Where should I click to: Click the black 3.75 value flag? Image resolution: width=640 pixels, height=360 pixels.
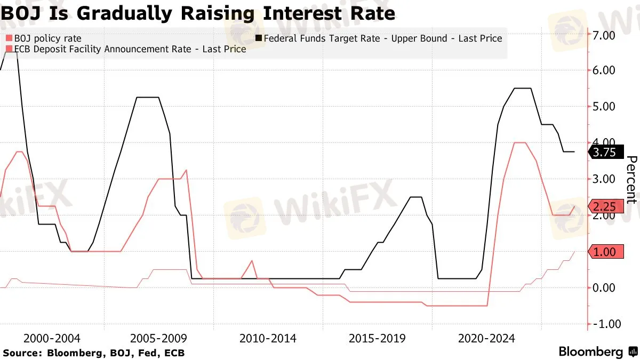coord(606,152)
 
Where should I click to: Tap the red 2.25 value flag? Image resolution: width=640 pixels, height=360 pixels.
coord(606,206)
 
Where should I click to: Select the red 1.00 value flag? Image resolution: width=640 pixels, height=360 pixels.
coord(606,252)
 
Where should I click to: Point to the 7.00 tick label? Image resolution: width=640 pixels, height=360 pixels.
coord(604,35)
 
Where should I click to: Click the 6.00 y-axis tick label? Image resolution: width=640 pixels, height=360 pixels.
coord(604,70)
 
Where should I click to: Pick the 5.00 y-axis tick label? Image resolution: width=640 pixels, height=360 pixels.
coord(604,107)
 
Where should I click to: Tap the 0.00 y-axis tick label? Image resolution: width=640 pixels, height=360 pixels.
coord(604,287)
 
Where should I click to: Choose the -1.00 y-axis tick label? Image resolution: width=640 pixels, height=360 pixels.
coord(607,324)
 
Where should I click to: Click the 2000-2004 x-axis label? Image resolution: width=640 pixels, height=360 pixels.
coord(52,339)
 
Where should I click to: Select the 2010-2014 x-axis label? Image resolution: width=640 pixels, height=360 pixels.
coord(268,339)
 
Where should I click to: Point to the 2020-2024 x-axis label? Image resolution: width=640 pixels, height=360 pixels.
coord(486,339)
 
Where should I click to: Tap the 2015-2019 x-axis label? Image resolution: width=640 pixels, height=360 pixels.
coord(377,339)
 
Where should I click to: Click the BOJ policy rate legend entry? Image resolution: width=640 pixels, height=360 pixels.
coord(43,38)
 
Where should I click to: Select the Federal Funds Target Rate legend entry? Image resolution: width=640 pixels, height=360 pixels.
coord(379,38)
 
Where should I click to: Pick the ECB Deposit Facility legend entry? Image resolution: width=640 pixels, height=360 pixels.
coord(126,49)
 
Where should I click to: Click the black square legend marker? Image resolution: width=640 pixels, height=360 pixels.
coord(259,38)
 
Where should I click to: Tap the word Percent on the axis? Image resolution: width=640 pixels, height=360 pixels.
coord(632,180)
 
